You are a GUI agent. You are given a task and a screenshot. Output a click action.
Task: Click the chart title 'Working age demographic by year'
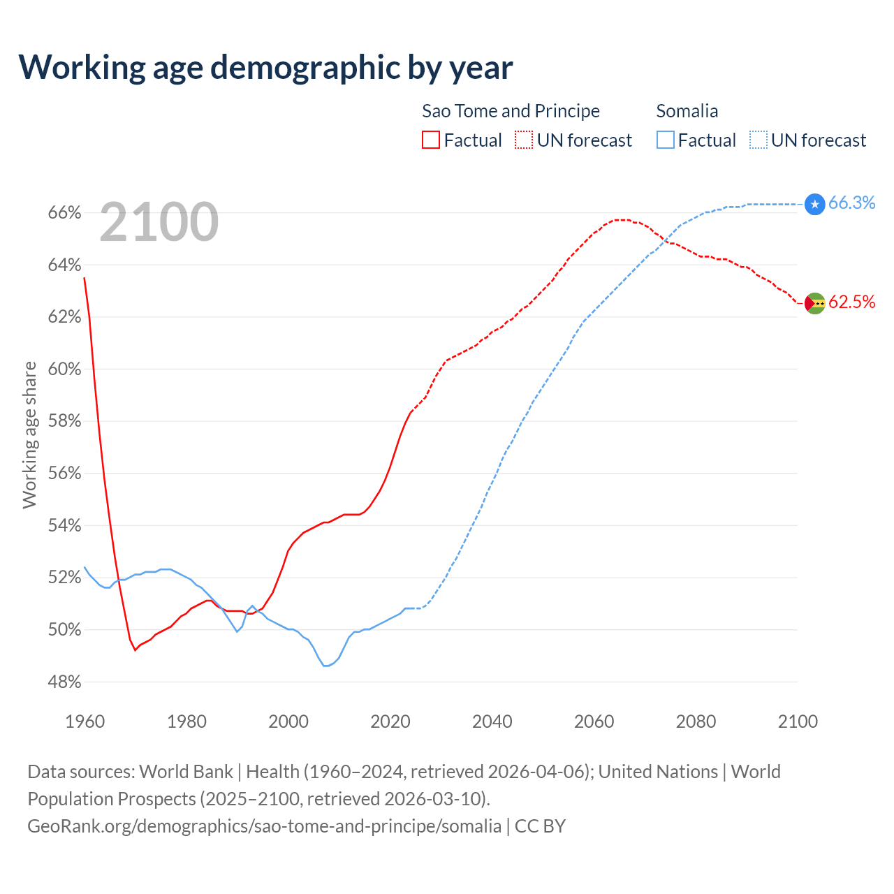pos(265,67)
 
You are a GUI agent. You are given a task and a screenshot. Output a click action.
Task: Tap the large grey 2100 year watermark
pos(159,222)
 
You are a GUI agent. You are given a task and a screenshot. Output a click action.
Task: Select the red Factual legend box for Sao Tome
pos(431,140)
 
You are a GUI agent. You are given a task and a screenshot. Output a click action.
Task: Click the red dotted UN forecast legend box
pos(524,140)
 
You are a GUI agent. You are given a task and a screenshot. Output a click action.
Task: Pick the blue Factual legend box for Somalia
pos(666,140)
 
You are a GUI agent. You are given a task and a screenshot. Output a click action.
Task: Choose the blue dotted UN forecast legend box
pos(759,140)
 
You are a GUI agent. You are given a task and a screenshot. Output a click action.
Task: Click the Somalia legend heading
pos(687,111)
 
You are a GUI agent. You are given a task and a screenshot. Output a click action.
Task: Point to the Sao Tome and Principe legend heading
pos(511,111)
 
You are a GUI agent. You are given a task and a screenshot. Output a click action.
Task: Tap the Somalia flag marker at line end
pos(815,204)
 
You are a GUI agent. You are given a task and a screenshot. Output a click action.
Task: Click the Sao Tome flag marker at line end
pos(815,303)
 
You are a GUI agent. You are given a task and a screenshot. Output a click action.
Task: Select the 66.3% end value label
pos(851,203)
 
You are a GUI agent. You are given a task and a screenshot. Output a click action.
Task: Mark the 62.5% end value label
pos(851,302)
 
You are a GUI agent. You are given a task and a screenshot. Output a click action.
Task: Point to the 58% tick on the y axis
pos(64,421)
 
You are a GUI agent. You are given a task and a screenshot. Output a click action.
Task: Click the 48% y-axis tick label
pos(64,682)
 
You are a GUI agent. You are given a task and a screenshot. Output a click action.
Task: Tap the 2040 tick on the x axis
pos(492,721)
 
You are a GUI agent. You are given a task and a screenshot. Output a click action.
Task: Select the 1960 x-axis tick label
pos(85,721)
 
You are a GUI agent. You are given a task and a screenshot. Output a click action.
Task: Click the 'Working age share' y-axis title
pos(29,434)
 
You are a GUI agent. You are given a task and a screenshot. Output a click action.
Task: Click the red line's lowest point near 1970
pos(135,650)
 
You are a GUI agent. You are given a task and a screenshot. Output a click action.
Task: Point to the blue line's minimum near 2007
pos(325,666)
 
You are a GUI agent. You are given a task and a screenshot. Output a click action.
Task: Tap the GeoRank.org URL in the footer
pos(264,826)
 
